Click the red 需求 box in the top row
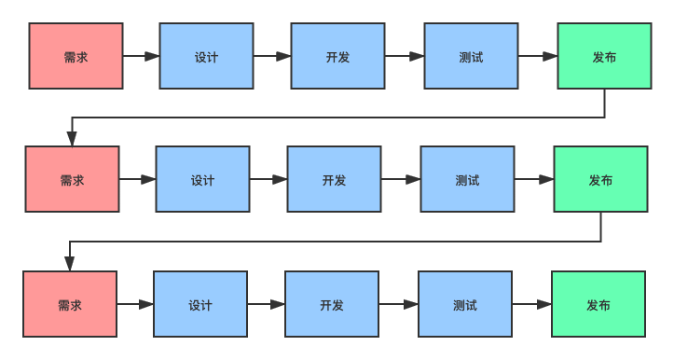coord(76,57)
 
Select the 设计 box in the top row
coord(206,57)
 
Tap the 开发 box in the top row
coord(337,57)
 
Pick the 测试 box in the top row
coord(471,57)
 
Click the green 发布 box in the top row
coord(604,57)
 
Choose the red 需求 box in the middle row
coord(72,179)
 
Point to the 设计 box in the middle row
coord(202,179)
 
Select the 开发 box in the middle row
coord(334,179)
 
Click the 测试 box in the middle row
coord(467,179)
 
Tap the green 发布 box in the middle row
coord(600,179)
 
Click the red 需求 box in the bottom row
coord(70,304)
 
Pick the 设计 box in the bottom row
coord(200,304)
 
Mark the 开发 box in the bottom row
coord(332,304)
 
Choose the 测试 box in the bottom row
coord(465,304)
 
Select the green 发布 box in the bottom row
coord(598,304)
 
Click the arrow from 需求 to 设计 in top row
coord(141,57)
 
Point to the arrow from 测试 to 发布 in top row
coord(538,57)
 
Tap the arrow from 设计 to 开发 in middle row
coord(268,179)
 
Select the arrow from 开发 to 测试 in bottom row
coord(398,304)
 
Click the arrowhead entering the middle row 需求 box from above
coord(72,139)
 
